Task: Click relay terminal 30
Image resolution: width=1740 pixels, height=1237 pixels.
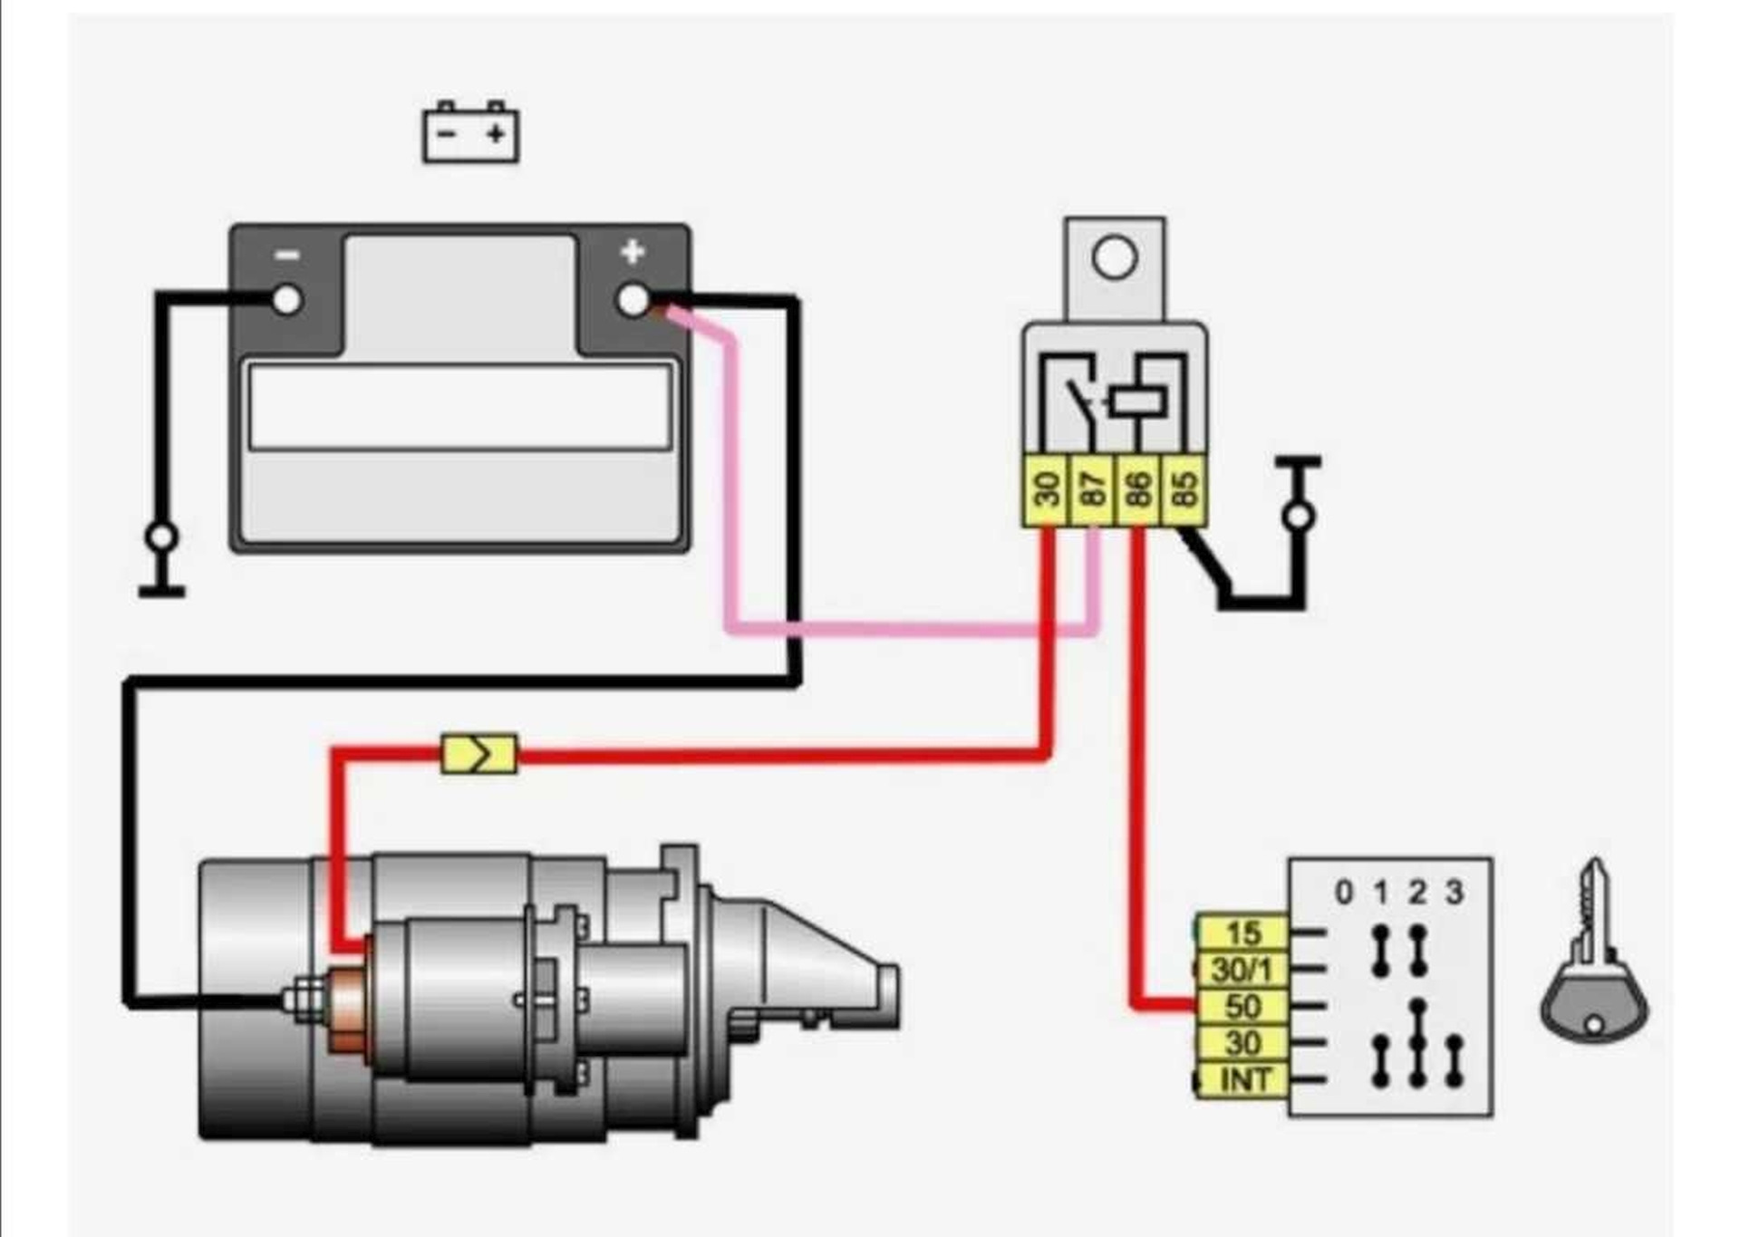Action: (x=1047, y=489)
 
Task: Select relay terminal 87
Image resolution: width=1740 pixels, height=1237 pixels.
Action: (x=1094, y=489)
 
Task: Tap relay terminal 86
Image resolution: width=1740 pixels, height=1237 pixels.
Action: (x=1138, y=489)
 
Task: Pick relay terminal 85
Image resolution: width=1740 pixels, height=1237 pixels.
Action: (x=1184, y=489)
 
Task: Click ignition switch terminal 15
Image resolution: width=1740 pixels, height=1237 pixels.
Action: (x=1242, y=933)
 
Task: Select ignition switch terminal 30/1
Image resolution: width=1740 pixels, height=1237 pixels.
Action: (x=1242, y=970)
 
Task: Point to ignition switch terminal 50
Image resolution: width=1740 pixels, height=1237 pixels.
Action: (x=1242, y=1007)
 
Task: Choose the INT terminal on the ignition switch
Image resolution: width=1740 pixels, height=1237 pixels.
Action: (x=1242, y=1080)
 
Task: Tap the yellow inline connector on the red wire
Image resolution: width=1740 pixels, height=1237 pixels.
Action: (x=479, y=753)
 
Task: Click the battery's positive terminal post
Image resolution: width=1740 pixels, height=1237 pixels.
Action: (x=633, y=300)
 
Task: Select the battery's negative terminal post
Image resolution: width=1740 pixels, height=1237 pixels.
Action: (x=286, y=300)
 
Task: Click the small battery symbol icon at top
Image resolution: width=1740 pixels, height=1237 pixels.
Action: (x=470, y=132)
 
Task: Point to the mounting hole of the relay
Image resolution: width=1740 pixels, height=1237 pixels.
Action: (x=1115, y=257)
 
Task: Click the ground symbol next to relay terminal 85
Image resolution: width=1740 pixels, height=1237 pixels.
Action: (x=1299, y=494)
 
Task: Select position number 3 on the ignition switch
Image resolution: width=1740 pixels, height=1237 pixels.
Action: (x=1455, y=893)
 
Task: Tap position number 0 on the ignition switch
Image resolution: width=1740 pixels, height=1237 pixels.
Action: (x=1344, y=893)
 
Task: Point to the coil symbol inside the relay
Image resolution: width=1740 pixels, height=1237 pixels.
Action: (x=1138, y=401)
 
